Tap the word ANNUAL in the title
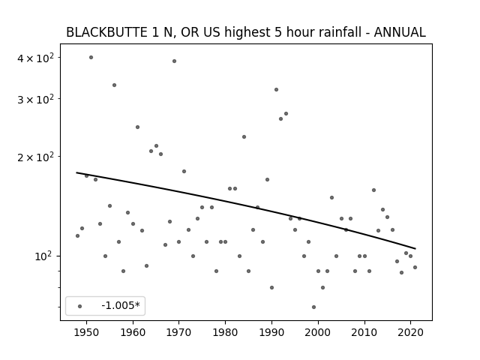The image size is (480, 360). point(400,32)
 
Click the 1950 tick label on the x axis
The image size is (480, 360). point(87,332)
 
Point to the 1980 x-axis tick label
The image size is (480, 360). point(225,332)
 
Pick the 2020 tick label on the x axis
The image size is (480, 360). point(410,332)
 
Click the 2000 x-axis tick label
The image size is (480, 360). point(318,332)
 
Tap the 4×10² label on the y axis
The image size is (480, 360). point(35,58)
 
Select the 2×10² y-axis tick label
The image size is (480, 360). point(35,157)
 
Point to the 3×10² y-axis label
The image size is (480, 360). point(35,99)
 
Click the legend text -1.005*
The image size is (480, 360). point(121,305)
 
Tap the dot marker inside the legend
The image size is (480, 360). point(80,306)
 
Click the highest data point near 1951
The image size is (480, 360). point(91,57)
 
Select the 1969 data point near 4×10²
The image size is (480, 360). point(174,61)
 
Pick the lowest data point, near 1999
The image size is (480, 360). point(313,307)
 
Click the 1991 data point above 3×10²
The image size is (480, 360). point(276,90)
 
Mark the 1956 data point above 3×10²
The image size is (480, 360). point(114,85)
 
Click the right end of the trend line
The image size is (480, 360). point(415,248)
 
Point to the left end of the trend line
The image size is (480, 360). point(76,172)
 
